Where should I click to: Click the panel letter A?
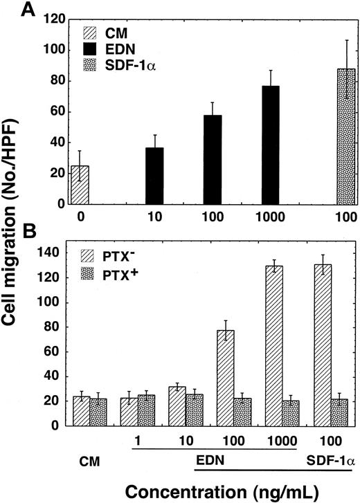click(49, 9)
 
